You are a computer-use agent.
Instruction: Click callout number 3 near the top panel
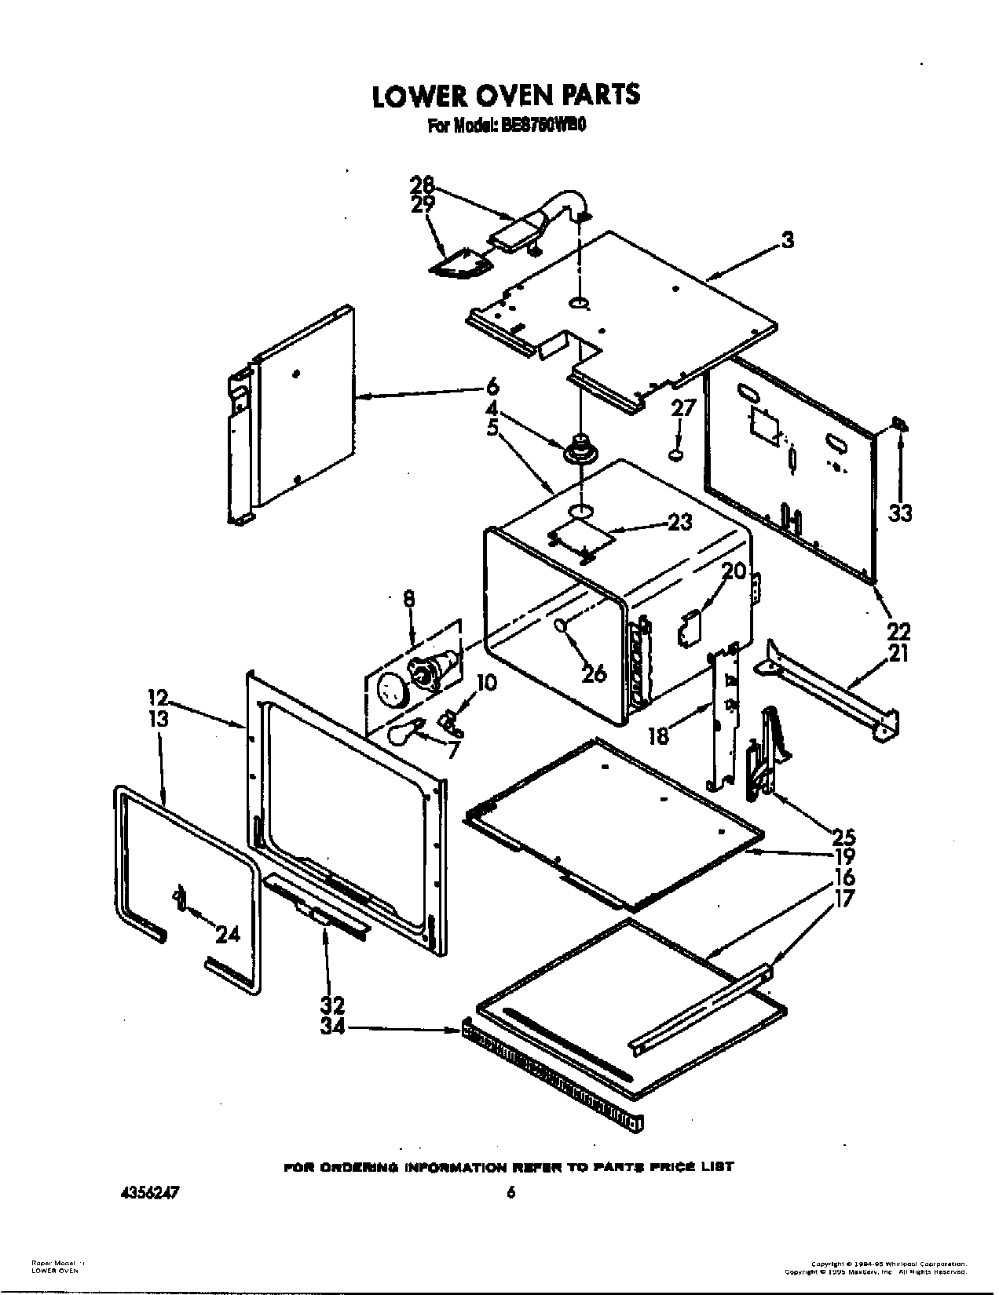[x=786, y=240]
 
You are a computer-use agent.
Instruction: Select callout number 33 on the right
[x=900, y=513]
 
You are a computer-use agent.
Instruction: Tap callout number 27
[x=683, y=408]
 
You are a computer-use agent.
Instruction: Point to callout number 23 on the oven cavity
[x=679, y=521]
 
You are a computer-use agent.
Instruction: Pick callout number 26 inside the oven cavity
[x=594, y=673]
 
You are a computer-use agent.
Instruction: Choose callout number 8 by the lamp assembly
[x=408, y=599]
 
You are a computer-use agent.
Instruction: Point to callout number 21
[x=898, y=653]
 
